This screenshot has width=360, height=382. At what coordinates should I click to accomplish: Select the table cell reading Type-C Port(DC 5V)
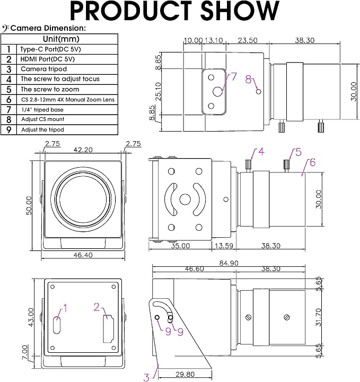tap(50, 49)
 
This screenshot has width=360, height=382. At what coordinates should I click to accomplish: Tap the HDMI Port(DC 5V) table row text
tap(48, 59)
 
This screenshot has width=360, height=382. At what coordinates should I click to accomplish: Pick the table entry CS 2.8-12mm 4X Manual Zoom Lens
tap(68, 100)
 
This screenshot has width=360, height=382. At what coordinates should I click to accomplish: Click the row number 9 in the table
tap(9, 129)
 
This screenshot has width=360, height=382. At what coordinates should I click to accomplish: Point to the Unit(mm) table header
tap(61, 39)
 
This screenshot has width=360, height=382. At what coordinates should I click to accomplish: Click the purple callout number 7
tap(234, 76)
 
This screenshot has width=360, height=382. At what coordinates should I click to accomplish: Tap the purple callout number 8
tap(248, 80)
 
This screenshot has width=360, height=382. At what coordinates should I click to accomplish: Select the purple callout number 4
tap(261, 152)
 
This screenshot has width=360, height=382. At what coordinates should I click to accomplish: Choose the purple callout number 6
tap(312, 162)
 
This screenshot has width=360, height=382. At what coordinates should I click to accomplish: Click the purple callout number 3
tap(146, 377)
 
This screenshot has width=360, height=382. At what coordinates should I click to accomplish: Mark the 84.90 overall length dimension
tap(229, 263)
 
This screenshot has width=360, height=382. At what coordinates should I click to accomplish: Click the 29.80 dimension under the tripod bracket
tap(185, 374)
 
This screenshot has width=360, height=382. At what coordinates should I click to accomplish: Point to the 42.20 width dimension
tap(83, 150)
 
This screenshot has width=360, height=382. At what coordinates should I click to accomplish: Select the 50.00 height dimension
tap(29, 206)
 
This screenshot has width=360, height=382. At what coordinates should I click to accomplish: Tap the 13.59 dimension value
tap(224, 246)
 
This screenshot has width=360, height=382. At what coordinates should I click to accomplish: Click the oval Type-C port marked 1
tap(57, 325)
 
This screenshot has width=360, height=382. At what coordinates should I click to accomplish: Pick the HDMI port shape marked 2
tap(108, 329)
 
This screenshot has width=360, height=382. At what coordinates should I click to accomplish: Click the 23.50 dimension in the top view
tap(248, 40)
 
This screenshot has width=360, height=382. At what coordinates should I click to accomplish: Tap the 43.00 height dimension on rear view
tap(31, 317)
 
